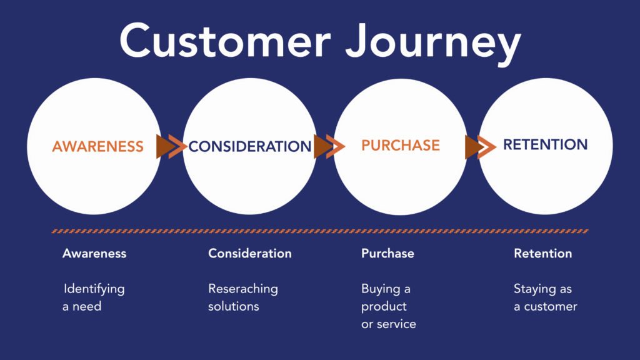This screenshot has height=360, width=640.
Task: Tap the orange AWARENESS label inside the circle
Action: [97, 147]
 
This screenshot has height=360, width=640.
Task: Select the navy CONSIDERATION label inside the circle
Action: [250, 147]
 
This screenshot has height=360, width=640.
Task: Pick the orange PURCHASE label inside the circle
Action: [401, 145]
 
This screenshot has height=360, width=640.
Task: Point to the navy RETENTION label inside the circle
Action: [546, 145]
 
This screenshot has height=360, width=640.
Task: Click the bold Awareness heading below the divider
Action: [94, 253]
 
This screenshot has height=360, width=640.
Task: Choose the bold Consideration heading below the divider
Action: [250, 253]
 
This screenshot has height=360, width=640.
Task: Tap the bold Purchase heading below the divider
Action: [387, 253]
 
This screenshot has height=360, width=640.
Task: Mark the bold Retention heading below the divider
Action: [542, 253]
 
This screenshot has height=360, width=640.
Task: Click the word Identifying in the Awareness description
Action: [95, 289]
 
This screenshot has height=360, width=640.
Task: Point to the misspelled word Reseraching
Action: [243, 289]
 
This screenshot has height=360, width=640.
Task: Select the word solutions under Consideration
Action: [234, 306]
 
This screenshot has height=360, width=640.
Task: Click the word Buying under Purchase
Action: [381, 289]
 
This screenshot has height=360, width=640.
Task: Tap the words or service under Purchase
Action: [389, 324]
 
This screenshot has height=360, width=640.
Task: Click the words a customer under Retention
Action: [546, 306]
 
